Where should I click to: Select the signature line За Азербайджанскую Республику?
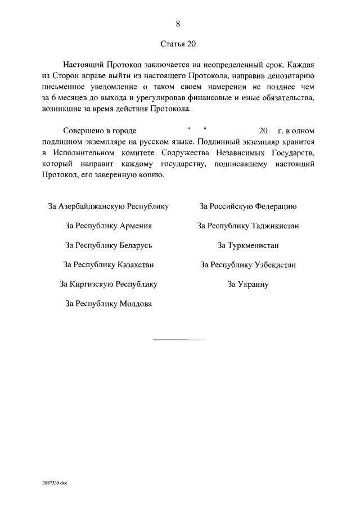click(109, 206)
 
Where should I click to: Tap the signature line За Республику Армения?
click(109, 226)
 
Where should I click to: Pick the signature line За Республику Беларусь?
click(109, 245)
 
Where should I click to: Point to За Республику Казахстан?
click(109, 265)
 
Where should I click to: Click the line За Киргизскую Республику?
click(109, 284)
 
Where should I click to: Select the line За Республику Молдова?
click(109, 304)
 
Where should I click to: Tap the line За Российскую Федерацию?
click(248, 206)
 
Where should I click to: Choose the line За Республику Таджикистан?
click(248, 226)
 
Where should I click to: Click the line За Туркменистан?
click(248, 245)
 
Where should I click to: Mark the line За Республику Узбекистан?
click(248, 265)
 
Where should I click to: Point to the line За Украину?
click(248, 284)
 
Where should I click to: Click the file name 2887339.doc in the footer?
click(54, 483)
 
